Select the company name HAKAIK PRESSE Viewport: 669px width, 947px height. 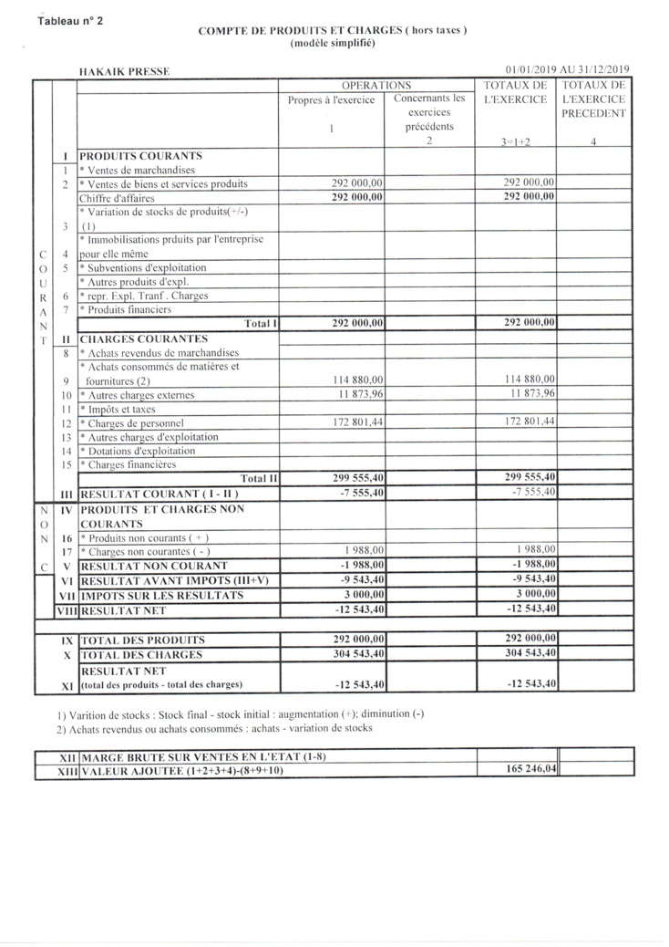tap(124, 70)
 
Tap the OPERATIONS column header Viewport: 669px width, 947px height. tap(376, 85)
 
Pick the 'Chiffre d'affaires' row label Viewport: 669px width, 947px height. tap(117, 198)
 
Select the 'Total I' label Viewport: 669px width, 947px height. tap(260, 323)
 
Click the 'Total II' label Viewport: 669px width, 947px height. tap(258, 477)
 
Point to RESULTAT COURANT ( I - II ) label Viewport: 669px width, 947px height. tap(159, 494)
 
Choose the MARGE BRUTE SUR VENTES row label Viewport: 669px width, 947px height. tap(202, 756)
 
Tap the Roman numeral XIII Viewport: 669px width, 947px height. tap(65, 771)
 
